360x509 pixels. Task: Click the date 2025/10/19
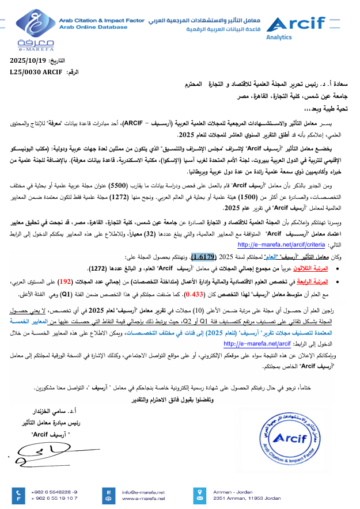click(30, 60)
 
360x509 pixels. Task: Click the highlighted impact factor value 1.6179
click(203, 257)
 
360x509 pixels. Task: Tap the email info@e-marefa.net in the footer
click(143, 492)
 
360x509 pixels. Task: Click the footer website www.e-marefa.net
click(143, 498)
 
